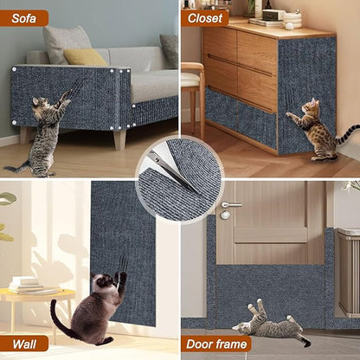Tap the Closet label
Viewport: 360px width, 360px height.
[x=205, y=17]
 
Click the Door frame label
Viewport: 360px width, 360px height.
[x=216, y=344]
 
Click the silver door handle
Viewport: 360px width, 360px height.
[x=230, y=206]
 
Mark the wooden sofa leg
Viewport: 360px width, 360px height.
[x=119, y=138]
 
